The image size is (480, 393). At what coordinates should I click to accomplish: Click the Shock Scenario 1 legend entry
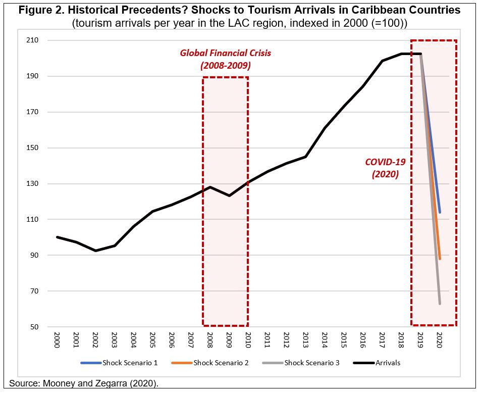(x=119, y=363)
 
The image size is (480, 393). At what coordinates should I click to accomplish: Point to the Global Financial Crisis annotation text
(x=225, y=59)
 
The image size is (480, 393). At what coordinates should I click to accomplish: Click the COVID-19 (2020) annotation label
(x=385, y=168)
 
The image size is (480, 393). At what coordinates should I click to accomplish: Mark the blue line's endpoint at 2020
(x=440, y=213)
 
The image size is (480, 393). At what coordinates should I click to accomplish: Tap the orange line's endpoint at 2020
(x=440, y=259)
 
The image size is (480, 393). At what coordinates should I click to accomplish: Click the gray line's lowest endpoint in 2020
(x=440, y=304)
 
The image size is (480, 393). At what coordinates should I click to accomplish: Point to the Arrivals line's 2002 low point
(x=95, y=251)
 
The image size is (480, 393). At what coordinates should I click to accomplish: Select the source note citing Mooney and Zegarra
(x=84, y=383)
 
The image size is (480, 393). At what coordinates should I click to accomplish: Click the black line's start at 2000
(x=57, y=237)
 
